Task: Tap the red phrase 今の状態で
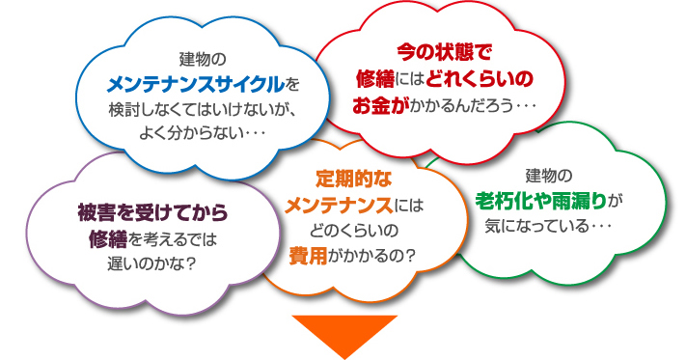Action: pyautogui.click(x=445, y=47)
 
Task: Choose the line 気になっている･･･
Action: pyautogui.click(x=550, y=228)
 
